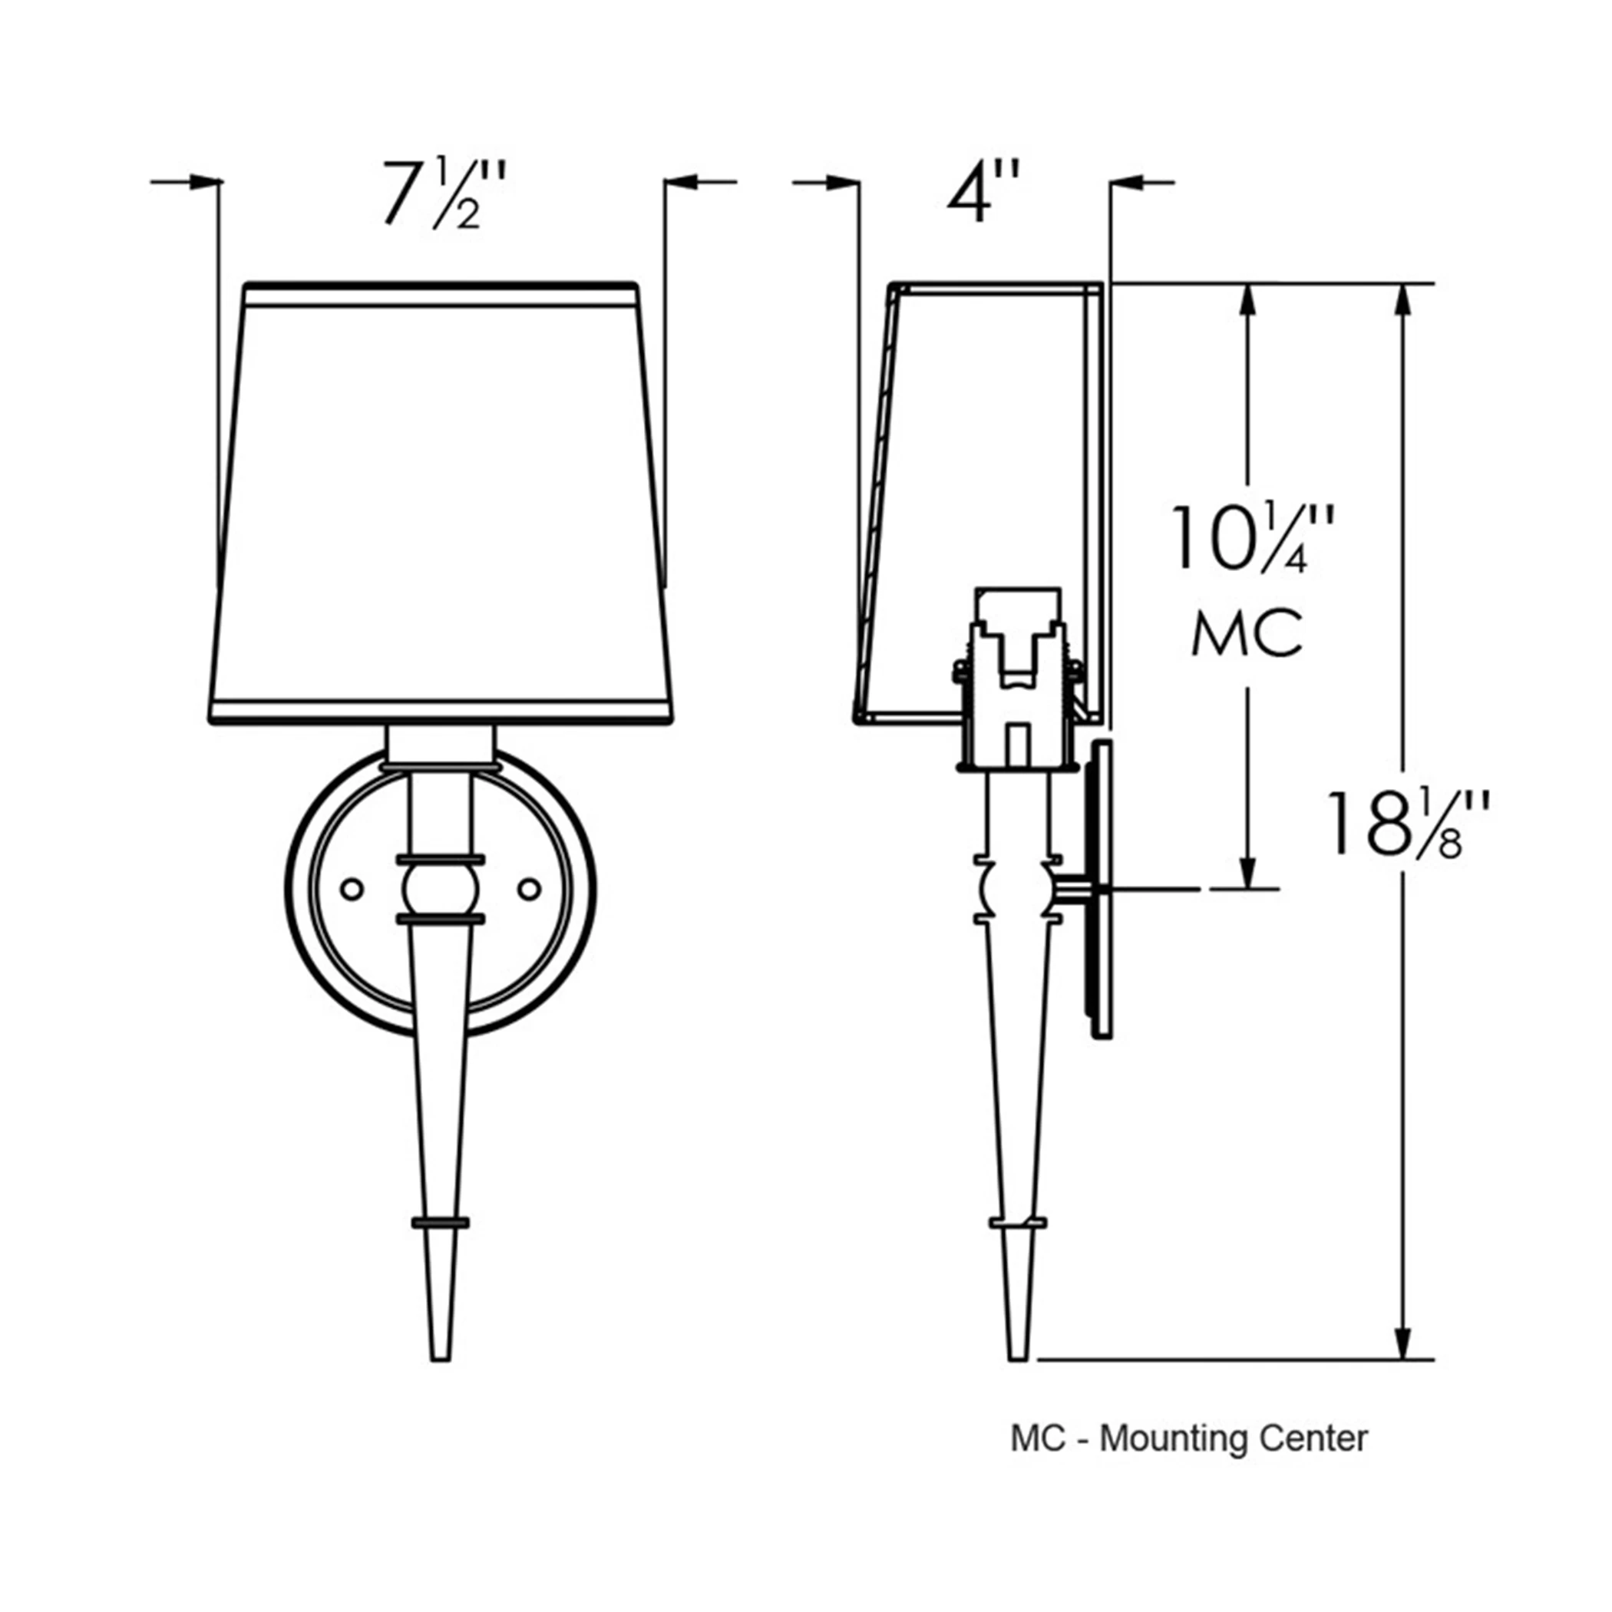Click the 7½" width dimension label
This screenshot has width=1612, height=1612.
pyautogui.click(x=443, y=196)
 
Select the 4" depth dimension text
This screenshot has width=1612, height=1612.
pyautogui.click(x=983, y=194)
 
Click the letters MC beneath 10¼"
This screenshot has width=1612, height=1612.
pyautogui.click(x=1246, y=634)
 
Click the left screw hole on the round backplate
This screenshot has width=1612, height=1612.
pyautogui.click(x=353, y=890)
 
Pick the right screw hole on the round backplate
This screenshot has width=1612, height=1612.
pyautogui.click(x=529, y=890)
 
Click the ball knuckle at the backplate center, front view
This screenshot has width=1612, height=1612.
pyautogui.click(x=441, y=890)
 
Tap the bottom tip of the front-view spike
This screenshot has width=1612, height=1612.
pyautogui.click(x=441, y=1356)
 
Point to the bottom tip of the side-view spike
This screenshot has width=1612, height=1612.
pyautogui.click(x=1018, y=1356)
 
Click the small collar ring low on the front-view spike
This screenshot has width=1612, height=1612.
pyautogui.click(x=441, y=1223)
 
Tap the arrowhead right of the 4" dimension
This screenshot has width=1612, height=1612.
pyautogui.click(x=1125, y=182)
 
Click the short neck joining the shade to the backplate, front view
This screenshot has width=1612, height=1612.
pyautogui.click(x=441, y=745)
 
